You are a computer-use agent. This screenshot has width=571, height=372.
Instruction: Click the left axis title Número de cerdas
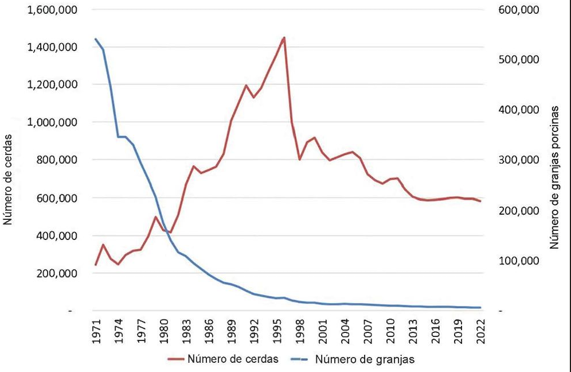9,179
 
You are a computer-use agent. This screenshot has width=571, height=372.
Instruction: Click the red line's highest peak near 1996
284,37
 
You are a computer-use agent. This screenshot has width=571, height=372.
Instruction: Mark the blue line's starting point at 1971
96,39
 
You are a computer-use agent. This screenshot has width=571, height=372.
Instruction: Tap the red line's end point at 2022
480,201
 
